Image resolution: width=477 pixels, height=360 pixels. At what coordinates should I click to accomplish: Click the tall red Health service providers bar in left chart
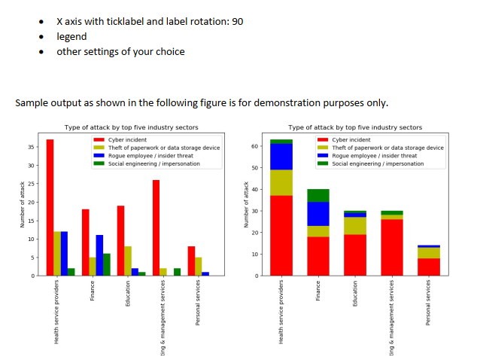coord(50,207)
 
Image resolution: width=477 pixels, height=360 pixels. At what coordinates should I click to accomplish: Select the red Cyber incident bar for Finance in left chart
coord(85,243)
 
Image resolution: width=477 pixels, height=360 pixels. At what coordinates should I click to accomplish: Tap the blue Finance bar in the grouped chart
coord(99,255)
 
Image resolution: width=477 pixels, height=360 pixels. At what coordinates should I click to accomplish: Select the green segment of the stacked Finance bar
coord(318,195)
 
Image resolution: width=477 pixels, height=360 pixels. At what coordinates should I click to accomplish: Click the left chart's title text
coord(132,127)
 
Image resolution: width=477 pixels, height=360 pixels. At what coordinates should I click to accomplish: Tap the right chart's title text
coord(355,127)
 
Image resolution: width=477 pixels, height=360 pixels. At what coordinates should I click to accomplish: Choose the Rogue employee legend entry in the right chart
coord(369,155)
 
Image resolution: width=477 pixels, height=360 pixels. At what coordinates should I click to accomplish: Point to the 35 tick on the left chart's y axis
coord(32,147)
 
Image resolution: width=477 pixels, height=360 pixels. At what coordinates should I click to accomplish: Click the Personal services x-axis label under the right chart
coord(428,303)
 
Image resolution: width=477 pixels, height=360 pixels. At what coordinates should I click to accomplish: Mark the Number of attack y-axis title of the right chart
coord(245,204)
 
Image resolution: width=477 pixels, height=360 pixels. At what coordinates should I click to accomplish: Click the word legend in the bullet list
coord(71,36)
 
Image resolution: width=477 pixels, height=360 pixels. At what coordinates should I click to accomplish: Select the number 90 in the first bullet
coord(237,21)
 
